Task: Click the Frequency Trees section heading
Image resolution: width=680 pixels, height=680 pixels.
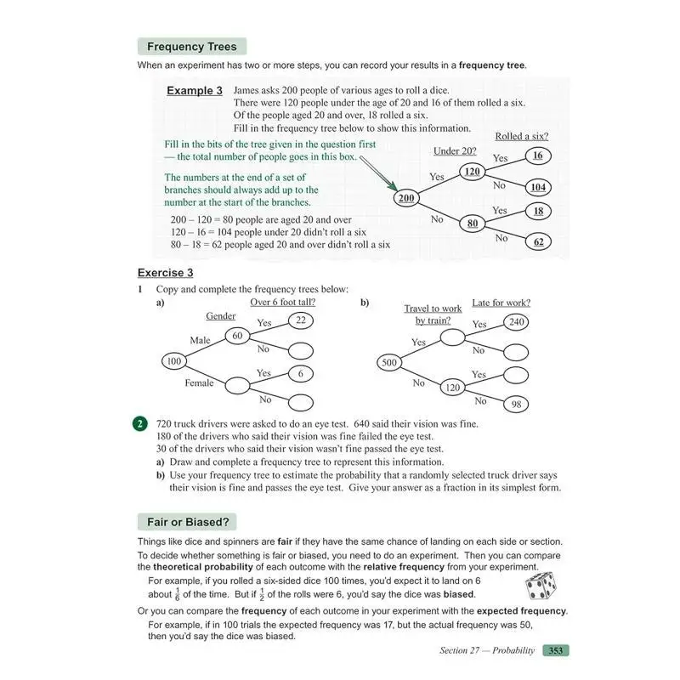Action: (x=192, y=47)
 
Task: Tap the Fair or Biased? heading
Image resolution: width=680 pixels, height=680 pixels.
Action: (x=187, y=521)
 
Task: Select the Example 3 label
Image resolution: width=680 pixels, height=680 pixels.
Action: (x=195, y=91)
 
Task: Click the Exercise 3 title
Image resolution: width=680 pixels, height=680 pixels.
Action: (x=166, y=273)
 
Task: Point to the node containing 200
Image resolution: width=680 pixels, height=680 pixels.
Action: (x=407, y=197)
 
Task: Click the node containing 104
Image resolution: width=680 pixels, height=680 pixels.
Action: (x=537, y=187)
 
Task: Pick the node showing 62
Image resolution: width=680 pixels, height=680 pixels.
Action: (x=538, y=241)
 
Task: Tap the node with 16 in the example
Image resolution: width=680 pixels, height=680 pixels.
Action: (x=537, y=156)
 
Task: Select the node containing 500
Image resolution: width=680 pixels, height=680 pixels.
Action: (x=389, y=362)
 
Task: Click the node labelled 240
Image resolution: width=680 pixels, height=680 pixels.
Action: (x=516, y=321)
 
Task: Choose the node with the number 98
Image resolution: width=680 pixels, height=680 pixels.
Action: (x=516, y=405)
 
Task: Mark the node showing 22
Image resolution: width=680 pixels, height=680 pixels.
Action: (x=301, y=320)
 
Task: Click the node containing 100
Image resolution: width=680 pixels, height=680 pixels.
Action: (x=174, y=361)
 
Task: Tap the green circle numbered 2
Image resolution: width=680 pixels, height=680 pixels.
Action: (x=139, y=423)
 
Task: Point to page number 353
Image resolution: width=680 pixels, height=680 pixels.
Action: (x=556, y=650)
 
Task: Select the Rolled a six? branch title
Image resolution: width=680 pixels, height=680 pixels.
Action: (x=521, y=136)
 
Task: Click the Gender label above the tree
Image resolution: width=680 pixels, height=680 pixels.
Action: (x=221, y=316)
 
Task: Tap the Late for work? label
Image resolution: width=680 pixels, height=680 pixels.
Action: (x=507, y=303)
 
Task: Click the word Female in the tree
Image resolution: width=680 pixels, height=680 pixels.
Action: (x=200, y=383)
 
